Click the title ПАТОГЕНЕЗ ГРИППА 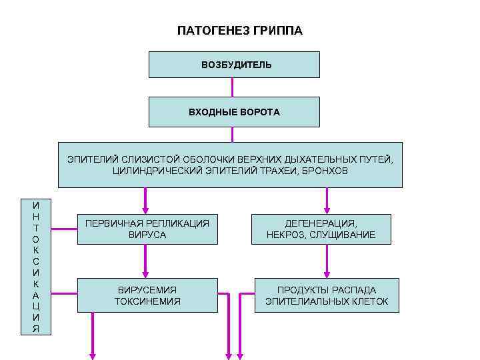coord(239,31)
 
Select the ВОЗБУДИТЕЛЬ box coord(234,65)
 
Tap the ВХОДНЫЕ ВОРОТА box coord(234,111)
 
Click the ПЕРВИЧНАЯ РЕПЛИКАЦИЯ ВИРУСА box coord(147,229)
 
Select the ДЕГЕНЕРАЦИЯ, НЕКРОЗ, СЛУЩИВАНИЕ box coord(321,229)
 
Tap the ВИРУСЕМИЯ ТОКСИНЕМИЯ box coord(147,295)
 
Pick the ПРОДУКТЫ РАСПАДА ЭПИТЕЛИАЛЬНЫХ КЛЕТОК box coord(326,295)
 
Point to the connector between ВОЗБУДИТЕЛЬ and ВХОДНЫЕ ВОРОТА coord(232,87)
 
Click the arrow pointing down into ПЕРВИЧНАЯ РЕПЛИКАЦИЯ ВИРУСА coord(144,200)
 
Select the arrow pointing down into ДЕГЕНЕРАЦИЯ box coord(326,200)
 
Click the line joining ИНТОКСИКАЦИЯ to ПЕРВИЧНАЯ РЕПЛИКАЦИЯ coord(65,229)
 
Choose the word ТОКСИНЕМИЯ coord(147,301)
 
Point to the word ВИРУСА coord(147,235)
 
